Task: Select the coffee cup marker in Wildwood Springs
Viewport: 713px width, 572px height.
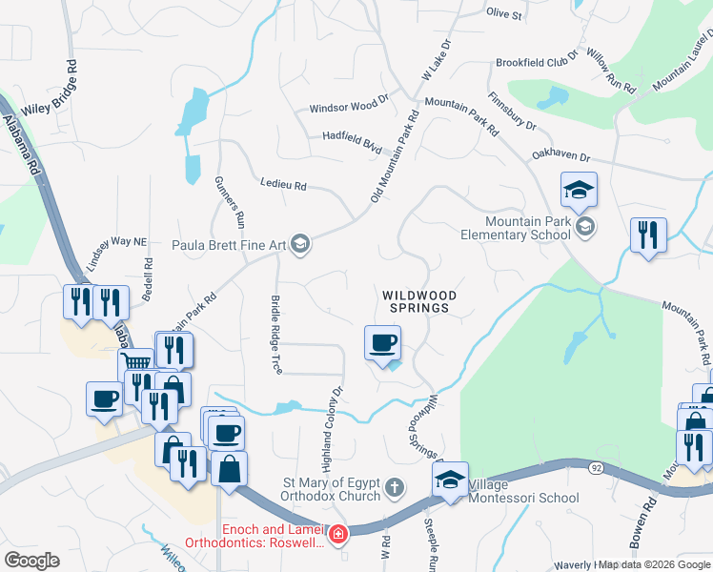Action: (x=382, y=343)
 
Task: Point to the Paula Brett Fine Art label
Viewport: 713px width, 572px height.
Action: (x=230, y=245)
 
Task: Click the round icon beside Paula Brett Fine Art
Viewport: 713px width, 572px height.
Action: (x=300, y=245)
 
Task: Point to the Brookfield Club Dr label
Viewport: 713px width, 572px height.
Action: (x=537, y=62)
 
